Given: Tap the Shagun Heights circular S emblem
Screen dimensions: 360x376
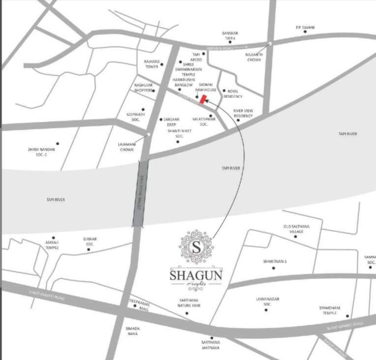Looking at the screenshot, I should pos(197,246).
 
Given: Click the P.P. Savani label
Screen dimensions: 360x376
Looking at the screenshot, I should pos(305,27).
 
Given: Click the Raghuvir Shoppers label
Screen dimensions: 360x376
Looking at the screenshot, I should pos(145,88).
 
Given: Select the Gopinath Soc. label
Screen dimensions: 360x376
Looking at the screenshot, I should pos(134,117).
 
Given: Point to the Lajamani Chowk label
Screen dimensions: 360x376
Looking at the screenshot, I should pos(126,148).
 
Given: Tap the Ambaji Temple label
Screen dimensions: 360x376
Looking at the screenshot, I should pos(52,244).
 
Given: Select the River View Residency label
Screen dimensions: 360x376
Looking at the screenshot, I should pos(243,113).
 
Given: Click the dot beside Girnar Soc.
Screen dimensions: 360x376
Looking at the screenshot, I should pos(89,249).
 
